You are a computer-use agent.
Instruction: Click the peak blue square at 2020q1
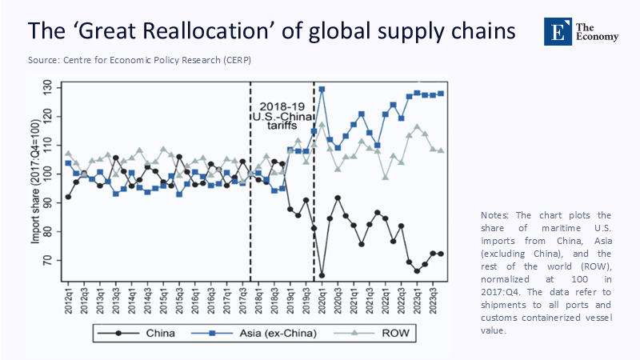pyautogui.click(x=322, y=90)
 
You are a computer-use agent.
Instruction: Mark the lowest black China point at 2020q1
pyautogui.click(x=322, y=275)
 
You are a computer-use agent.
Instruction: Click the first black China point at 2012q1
pyautogui.click(x=68, y=197)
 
